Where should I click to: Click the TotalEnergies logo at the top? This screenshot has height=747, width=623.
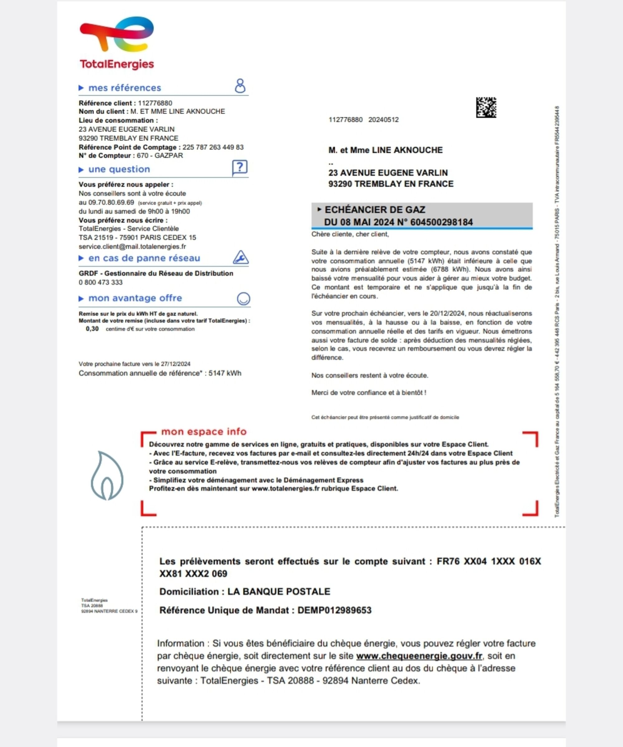117,43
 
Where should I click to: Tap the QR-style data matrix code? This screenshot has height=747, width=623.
486,107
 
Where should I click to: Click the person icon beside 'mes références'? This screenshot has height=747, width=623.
240,86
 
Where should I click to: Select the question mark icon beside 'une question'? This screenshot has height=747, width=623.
240,167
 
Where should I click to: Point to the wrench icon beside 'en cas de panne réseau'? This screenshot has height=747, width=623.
240,257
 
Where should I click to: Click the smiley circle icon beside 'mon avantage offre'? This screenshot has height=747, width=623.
243,298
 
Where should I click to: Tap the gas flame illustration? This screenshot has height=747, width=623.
107,476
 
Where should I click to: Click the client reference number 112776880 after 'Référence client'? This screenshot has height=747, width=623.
155,103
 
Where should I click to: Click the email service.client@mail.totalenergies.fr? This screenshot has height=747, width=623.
132,246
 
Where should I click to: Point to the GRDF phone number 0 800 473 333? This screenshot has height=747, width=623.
101,283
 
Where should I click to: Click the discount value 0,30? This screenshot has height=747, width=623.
92,329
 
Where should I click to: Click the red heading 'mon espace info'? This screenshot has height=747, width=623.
203,431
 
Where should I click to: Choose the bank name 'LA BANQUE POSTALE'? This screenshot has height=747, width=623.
278,592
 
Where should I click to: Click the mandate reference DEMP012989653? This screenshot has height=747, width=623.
334,611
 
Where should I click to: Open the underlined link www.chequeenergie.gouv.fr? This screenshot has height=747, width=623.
419,656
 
